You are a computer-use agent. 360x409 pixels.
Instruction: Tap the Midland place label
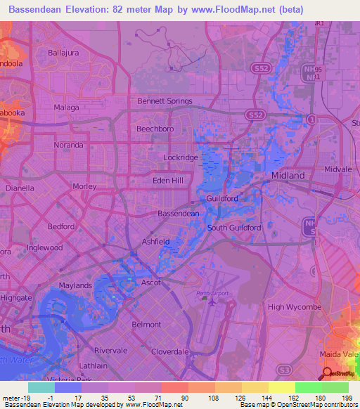point(288,175)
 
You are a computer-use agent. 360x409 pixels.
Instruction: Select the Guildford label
point(222,198)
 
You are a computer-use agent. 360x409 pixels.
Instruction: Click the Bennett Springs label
point(165,101)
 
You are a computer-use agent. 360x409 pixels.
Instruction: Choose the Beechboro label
point(155,129)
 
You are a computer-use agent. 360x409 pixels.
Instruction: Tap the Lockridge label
point(181,158)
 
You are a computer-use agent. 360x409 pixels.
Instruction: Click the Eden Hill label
point(168,181)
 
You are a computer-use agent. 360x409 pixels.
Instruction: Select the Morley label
point(84,186)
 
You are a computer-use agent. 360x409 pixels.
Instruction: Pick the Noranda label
point(68,145)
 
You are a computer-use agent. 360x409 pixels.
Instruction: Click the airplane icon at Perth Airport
point(212,301)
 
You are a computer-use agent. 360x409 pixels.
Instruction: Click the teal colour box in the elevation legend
point(41,387)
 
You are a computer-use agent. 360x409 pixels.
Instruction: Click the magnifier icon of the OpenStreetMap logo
point(326,373)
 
